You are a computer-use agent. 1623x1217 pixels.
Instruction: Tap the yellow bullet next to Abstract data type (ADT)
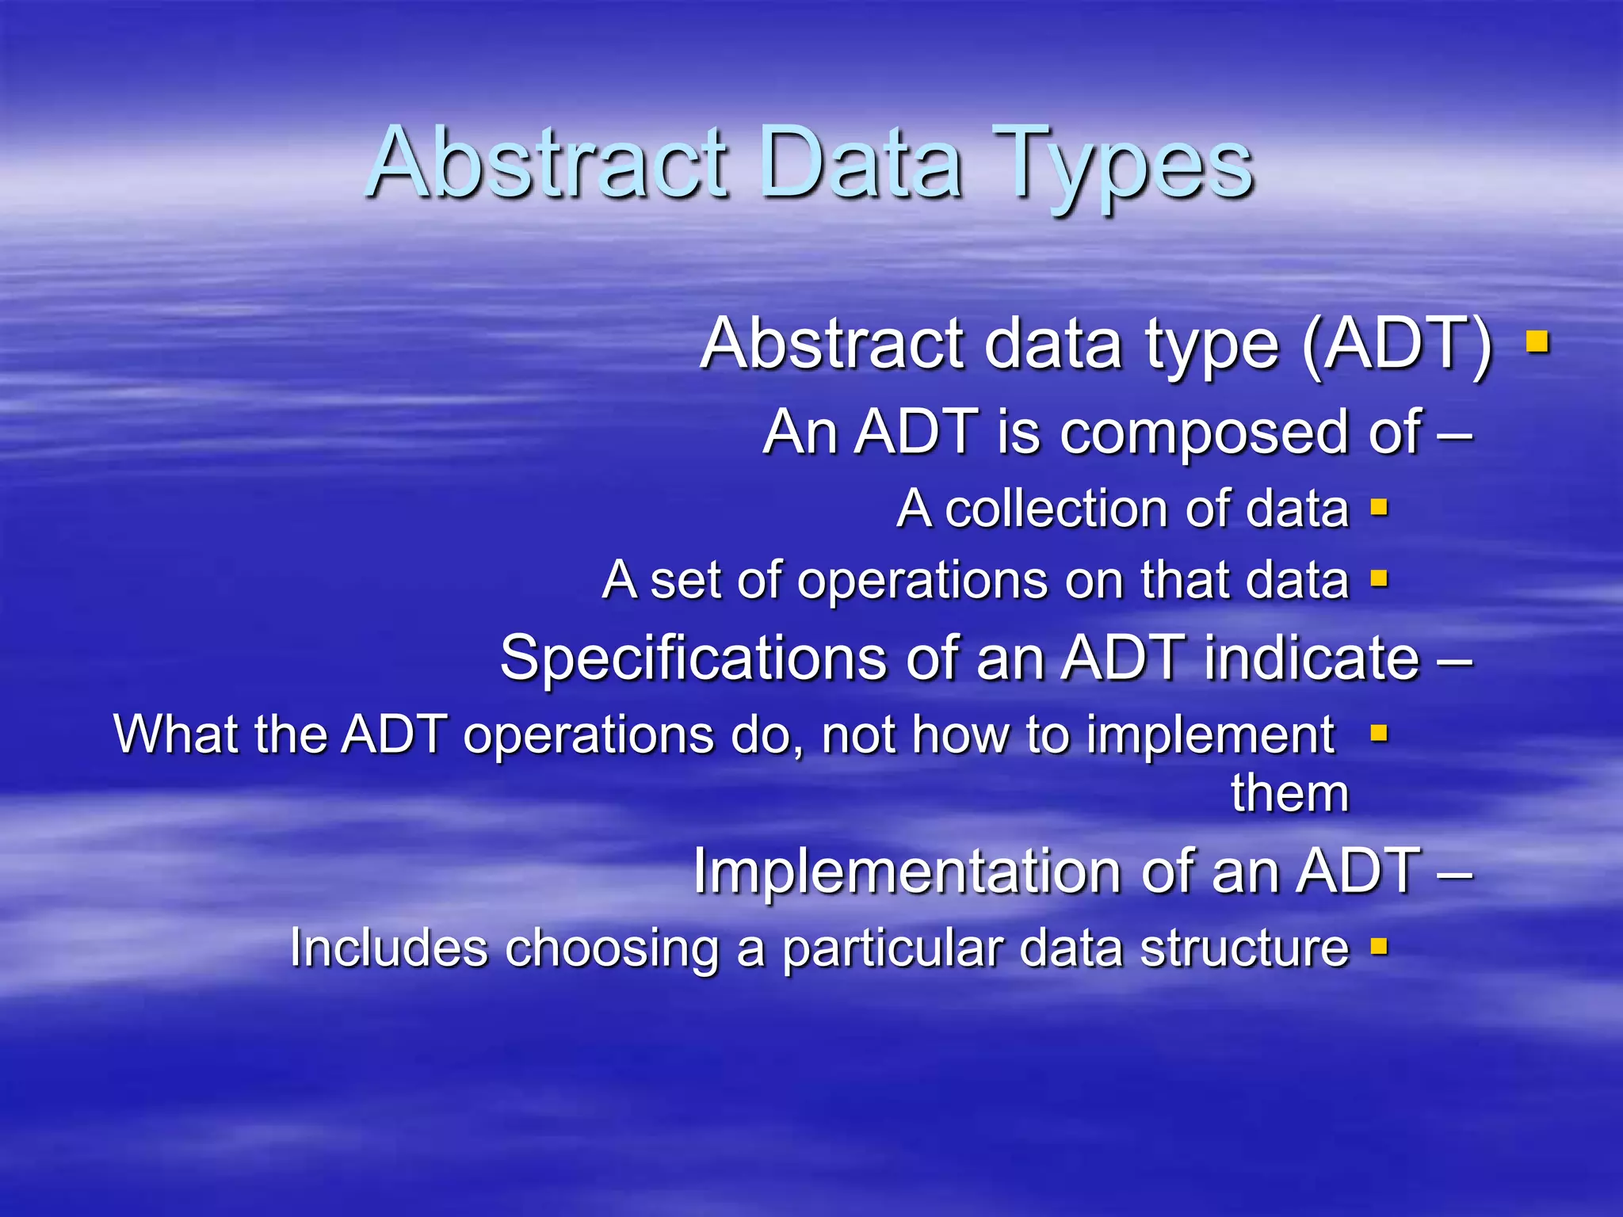[x=1537, y=342]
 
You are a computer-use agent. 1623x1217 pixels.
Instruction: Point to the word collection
[x=1057, y=509]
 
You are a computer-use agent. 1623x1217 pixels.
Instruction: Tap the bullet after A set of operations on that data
[x=1379, y=579]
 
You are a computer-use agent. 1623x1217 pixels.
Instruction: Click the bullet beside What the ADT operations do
[x=1379, y=733]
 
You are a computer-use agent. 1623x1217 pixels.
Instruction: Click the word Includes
[x=388, y=948]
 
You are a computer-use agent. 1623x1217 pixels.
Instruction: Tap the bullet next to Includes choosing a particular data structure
[x=1379, y=945]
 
